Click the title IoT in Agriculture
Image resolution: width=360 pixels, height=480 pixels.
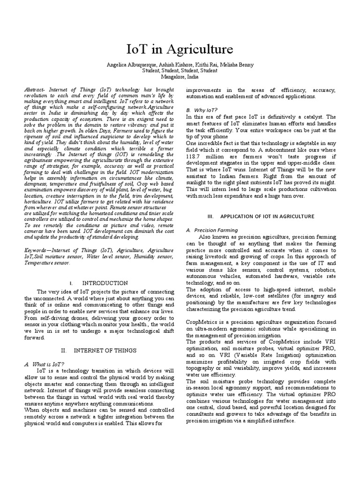click(180, 50)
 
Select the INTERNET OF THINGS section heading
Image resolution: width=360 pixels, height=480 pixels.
click(109, 350)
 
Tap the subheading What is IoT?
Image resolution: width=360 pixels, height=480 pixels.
click(46, 364)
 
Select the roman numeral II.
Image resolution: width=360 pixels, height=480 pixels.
click(64, 350)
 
